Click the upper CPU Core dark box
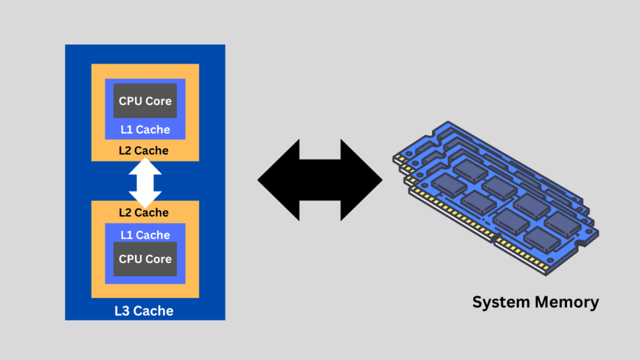pos(145,101)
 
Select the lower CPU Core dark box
pos(145,259)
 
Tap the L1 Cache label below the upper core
pos(145,130)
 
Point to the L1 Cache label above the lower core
pos(145,235)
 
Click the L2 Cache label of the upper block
pos(144,151)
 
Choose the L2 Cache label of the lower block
pos(144,212)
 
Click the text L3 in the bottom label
pos(122,311)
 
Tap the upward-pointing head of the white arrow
pos(145,165)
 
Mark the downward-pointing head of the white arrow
pos(145,199)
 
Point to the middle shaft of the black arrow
pos(320,180)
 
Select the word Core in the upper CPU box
pos(159,101)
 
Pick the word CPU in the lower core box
pos(131,259)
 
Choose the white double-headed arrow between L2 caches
pos(145,182)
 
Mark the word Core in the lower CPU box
pos(159,259)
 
